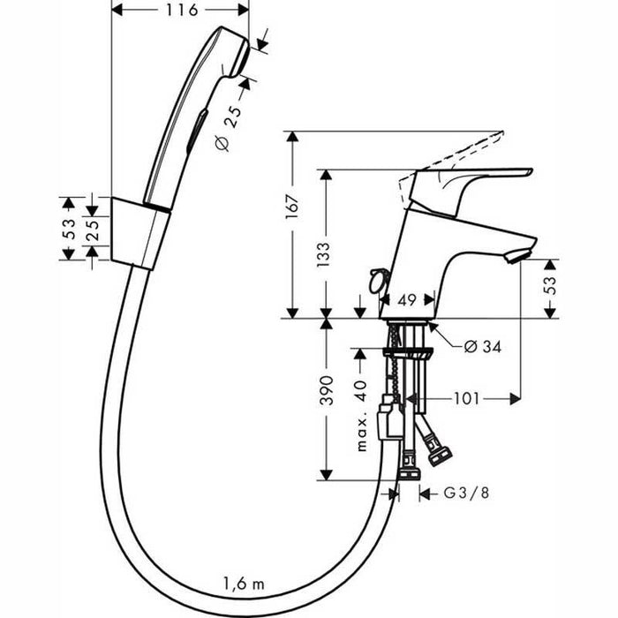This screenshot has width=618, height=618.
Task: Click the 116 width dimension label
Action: pyautogui.click(x=182, y=10)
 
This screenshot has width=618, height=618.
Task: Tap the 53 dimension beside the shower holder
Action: pyautogui.click(x=67, y=228)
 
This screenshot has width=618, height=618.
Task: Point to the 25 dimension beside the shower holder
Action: pyautogui.click(x=92, y=228)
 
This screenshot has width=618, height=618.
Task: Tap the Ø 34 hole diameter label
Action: pyautogui.click(x=483, y=347)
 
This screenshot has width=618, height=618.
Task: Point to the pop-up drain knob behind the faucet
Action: pyautogui.click(x=377, y=280)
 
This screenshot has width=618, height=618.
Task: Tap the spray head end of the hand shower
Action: pyautogui.click(x=231, y=49)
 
